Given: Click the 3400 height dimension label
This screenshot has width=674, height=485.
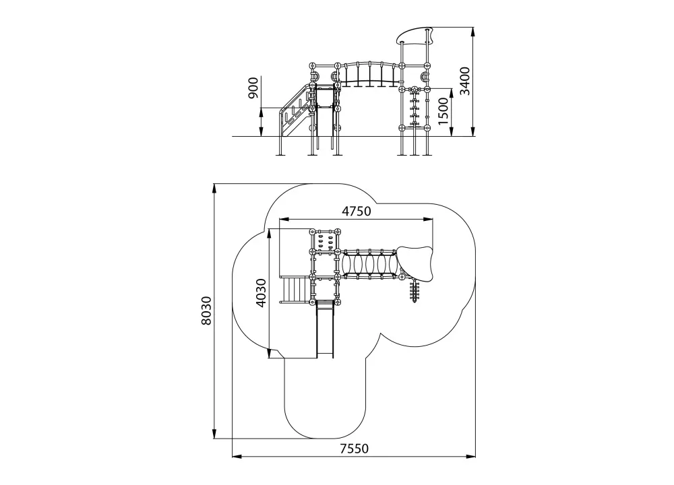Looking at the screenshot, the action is pos(465,81).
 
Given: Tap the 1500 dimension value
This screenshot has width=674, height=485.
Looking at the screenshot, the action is pos(443,111).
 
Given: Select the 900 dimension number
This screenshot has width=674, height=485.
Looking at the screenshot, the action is pos(253,88).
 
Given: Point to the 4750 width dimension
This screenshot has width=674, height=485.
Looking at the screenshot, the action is pos(356,212).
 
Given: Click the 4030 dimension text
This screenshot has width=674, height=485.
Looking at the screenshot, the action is pos(260,293).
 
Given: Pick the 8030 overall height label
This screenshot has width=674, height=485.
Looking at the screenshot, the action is pos(206,310).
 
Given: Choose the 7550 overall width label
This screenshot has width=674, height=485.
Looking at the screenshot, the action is pos(355,449).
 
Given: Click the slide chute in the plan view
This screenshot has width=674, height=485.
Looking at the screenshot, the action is pos(325,329).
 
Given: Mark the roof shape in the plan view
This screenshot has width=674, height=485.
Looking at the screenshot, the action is pos(415,263).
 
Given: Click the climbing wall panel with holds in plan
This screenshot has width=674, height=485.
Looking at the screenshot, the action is pos(325,243).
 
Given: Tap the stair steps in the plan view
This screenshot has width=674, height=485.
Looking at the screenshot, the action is pos(295,290).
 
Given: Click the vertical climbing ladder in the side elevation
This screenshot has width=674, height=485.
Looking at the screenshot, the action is pos(415,107).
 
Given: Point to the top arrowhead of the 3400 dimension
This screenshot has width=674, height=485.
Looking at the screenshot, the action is pos(473,30).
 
